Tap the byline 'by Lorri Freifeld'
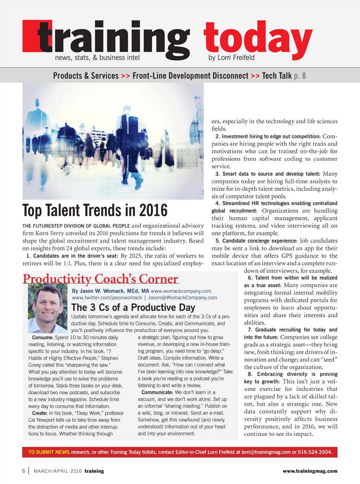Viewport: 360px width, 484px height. click(231, 58)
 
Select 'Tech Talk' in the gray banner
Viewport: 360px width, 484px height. click(277, 76)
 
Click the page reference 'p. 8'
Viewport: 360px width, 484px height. click(300, 76)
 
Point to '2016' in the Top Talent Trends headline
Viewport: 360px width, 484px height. click(153, 210)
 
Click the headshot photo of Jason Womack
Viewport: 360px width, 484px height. click(47, 308)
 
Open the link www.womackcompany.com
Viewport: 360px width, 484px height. click(181, 291)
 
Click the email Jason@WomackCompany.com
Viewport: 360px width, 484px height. click(182, 298)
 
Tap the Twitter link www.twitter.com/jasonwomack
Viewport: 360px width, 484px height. click(107, 298)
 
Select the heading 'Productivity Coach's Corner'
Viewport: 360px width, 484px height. click(101, 279)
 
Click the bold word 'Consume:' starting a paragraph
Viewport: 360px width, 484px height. click(43, 337)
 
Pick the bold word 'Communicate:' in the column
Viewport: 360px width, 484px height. click(157, 392)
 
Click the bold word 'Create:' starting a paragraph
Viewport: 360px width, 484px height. click(39, 413)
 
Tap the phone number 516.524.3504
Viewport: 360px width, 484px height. click(315, 452)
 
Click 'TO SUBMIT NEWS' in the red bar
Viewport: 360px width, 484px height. click(49, 452)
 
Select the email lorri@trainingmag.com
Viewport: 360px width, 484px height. click(266, 452)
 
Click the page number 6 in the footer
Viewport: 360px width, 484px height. click(24, 471)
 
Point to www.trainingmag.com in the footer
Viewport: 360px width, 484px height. click(310, 471)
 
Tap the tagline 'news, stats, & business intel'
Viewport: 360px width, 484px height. click(97, 58)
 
